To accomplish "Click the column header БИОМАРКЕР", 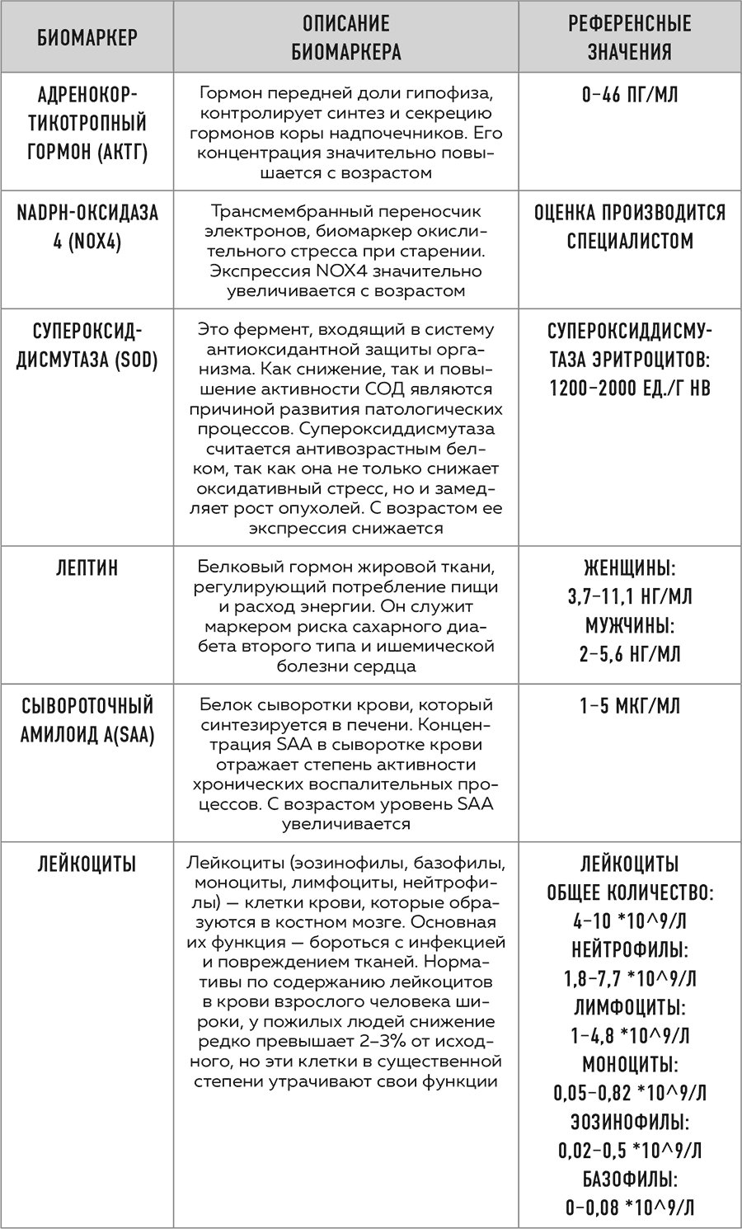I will (87, 37).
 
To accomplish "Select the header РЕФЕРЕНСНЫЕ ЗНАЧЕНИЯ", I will (630, 37).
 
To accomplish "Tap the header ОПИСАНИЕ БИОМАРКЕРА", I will (346, 37).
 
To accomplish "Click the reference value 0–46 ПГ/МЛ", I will (630, 94).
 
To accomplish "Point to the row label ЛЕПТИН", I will (87, 567).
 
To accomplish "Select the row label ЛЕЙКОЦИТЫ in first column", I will (87, 864).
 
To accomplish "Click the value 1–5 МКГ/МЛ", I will (630, 706).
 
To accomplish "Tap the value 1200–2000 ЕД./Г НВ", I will (630, 388).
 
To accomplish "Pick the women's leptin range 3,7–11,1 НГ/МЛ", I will (630, 596).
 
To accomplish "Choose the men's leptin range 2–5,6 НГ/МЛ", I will (630, 654).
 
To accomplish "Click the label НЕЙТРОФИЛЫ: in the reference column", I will (630, 949).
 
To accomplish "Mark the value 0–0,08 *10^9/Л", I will (630, 1208).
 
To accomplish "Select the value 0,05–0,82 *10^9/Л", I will (630, 1093).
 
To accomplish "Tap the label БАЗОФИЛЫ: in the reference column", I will (630, 1179).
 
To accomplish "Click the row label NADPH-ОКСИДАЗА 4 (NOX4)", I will (87, 227).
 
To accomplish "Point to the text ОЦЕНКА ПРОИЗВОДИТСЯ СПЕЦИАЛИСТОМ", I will (630, 227).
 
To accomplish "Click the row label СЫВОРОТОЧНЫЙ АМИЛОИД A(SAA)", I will (87, 720).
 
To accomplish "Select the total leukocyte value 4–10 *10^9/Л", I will (630, 921).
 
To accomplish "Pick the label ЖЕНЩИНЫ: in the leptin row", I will (630, 567).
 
